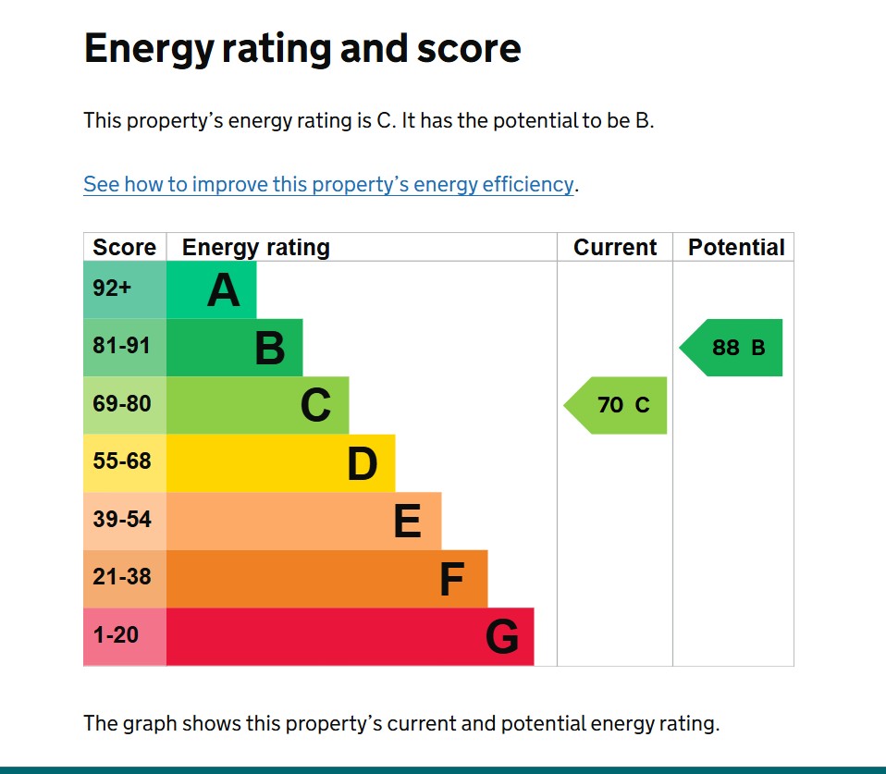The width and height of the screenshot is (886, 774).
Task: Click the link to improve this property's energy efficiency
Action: (x=328, y=184)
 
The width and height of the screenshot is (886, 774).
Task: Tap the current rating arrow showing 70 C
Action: (x=618, y=405)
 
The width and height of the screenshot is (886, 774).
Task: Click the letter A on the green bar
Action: (x=224, y=290)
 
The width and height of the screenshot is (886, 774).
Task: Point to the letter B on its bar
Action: (x=270, y=349)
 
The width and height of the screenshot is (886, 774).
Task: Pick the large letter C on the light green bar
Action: (x=315, y=406)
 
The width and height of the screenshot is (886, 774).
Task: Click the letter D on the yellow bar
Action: (x=363, y=464)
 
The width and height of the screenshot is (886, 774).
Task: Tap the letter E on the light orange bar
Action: (x=408, y=522)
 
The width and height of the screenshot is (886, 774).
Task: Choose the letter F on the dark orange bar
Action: (x=451, y=580)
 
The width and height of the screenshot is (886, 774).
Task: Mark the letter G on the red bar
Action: (x=502, y=637)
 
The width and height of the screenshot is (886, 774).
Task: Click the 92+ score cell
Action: (x=113, y=289)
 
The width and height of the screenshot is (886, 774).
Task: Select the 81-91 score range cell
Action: (x=121, y=347)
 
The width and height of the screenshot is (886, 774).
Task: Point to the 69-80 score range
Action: (x=121, y=404)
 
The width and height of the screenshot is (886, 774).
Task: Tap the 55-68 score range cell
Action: (x=121, y=461)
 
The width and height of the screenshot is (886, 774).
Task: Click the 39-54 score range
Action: (x=121, y=520)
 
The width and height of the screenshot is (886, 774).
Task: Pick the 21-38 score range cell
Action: (x=121, y=577)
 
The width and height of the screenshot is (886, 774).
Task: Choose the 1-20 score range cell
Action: (x=116, y=635)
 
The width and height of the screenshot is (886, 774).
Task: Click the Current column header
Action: (x=615, y=248)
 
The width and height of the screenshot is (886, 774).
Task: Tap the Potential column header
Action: (x=736, y=248)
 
